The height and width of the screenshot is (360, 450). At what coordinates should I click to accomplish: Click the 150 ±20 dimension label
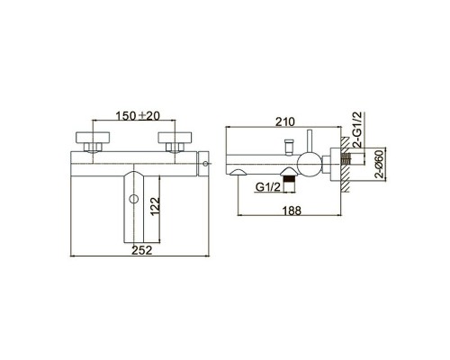pyautogui.click(x=138, y=116)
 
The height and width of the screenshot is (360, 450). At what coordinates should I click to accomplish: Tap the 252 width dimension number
pyautogui.click(x=142, y=250)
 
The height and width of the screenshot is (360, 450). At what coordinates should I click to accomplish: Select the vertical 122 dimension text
pyautogui.click(x=155, y=206)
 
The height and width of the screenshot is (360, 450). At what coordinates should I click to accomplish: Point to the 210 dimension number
pyautogui.click(x=284, y=121)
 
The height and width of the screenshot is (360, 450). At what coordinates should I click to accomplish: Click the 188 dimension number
pyautogui.click(x=292, y=211)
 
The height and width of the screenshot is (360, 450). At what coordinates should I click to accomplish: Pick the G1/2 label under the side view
pyautogui.click(x=268, y=187)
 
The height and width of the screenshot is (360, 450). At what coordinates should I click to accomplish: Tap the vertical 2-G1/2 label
pyautogui.click(x=358, y=130)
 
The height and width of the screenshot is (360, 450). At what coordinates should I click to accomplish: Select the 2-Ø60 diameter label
pyautogui.click(x=380, y=164)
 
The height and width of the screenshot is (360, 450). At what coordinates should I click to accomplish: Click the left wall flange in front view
pyautogui.click(x=93, y=138)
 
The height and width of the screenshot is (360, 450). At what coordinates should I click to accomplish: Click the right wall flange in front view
pyautogui.click(x=175, y=138)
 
